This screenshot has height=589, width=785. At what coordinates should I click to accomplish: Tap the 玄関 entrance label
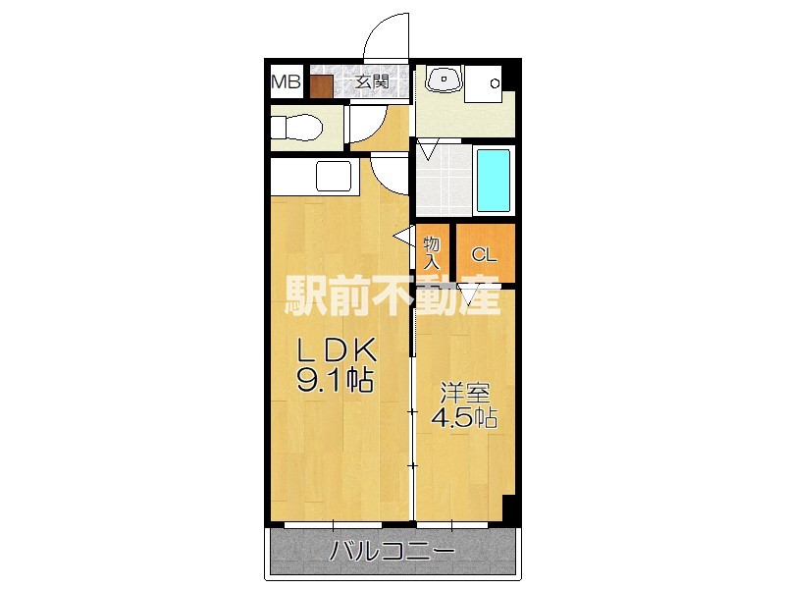point(370,82)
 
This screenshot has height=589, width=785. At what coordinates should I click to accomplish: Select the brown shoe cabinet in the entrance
point(321,85)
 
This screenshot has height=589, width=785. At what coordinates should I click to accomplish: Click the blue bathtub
point(493,182)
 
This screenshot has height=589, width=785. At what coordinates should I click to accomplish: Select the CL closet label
point(485,254)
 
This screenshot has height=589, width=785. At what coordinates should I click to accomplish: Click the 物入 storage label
point(432,252)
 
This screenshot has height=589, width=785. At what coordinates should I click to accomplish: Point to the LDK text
point(337,350)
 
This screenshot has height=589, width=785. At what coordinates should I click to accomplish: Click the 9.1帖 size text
point(336,381)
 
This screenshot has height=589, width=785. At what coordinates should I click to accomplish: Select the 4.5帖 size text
point(464,416)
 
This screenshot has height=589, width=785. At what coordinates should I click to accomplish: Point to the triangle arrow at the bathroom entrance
point(428,151)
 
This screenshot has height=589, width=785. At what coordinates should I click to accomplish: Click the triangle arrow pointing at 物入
point(402,236)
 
